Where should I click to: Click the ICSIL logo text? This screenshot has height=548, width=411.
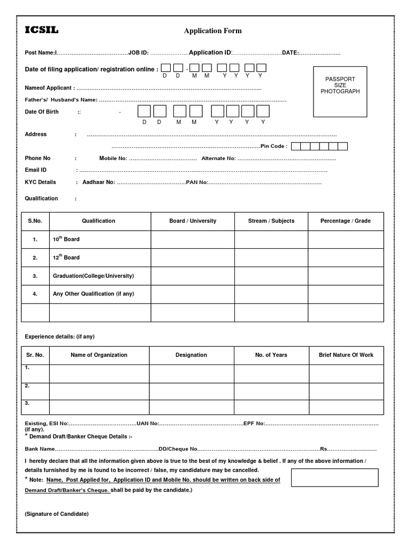(42, 31)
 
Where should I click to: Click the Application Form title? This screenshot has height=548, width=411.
(212, 31)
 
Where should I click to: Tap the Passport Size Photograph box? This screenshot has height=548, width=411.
(340, 92)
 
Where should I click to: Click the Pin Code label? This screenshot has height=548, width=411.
(274, 146)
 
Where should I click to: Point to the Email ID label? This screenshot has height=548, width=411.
(36, 170)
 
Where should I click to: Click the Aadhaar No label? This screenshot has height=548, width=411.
(98, 182)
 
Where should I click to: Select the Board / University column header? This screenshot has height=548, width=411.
(193, 220)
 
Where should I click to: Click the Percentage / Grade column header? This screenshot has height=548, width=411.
(345, 220)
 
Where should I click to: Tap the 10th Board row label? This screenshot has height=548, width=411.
(66, 239)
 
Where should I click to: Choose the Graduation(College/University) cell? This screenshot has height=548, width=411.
(93, 276)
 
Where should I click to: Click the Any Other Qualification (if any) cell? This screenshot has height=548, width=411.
(90, 294)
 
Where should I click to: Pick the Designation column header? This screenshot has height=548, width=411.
(191, 355)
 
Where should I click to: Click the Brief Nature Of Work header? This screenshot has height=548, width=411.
(346, 355)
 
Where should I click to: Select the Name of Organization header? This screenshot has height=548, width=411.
(99, 355)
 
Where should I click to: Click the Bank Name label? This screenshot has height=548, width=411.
(40, 449)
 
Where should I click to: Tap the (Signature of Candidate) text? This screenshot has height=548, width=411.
(57, 514)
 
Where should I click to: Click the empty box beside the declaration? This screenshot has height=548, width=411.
(334, 477)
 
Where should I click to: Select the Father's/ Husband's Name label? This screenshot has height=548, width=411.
(61, 100)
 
